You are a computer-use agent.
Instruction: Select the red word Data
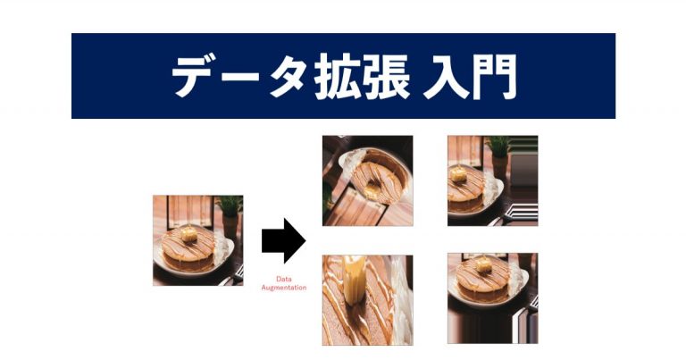(x=283, y=279)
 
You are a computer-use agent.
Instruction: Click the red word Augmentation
(x=283, y=288)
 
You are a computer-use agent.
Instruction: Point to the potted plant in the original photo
(x=230, y=207)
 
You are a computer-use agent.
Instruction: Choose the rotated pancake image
(x=367, y=180)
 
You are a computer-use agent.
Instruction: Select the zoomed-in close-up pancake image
(x=367, y=299)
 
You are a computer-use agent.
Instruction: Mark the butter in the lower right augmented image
(x=488, y=267)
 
